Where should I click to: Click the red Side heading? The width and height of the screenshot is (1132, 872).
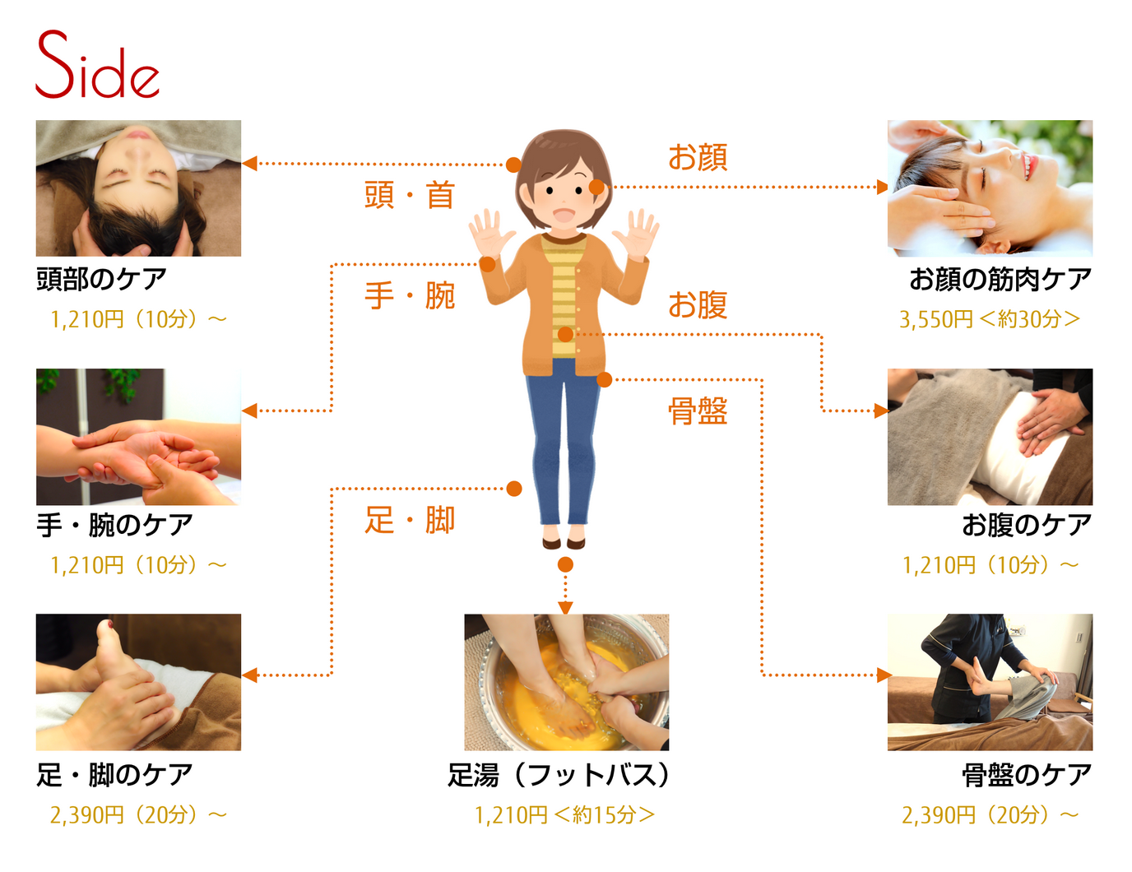tap(97, 66)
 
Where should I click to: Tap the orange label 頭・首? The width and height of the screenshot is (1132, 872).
tap(410, 196)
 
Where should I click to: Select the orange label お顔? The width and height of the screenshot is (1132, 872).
tap(698, 156)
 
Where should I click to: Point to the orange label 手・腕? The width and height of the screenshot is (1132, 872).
tap(410, 295)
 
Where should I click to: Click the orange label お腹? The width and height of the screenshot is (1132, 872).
tap(698, 305)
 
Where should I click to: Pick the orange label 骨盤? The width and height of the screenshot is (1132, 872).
tap(698, 410)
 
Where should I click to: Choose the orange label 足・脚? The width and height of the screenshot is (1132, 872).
tap(410, 520)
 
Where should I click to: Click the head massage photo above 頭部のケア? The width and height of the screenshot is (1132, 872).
tap(138, 188)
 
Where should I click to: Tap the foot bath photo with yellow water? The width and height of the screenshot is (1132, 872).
tap(566, 682)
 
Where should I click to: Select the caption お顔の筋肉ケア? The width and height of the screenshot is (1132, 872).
tap(1000, 280)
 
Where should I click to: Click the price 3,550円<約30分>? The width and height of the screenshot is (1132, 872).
tap(989, 319)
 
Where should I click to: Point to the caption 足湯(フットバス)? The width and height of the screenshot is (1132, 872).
tap(559, 775)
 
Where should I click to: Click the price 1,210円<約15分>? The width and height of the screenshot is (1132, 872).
tap(564, 815)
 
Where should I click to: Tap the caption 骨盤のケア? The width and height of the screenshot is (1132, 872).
tap(1026, 775)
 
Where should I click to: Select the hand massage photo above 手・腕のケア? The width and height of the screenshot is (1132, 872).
tap(138, 437)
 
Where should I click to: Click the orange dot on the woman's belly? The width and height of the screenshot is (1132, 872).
tap(565, 334)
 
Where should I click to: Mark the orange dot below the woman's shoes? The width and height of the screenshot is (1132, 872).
tap(565, 564)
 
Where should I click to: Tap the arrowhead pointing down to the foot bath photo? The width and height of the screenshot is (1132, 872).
tap(565, 608)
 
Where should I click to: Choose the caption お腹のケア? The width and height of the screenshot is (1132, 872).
tap(1026, 525)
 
